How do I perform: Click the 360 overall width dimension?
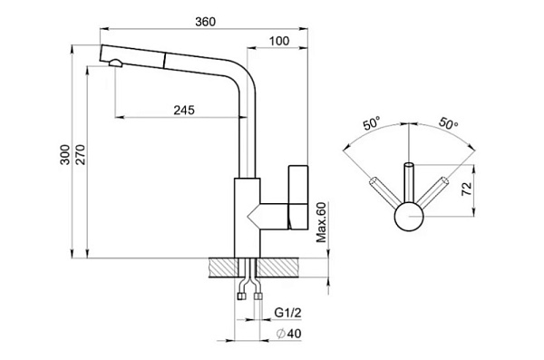click(205, 22)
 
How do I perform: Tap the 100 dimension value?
click(279, 41)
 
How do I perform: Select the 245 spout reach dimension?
click(184, 110)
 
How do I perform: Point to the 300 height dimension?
click(65, 154)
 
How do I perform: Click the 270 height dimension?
click(80, 154)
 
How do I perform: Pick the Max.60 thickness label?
click(321, 222)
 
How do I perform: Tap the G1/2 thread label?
click(287, 313)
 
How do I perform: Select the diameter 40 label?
click(289, 334)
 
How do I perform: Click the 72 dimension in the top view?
click(467, 188)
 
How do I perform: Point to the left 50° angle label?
click(371, 123)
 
